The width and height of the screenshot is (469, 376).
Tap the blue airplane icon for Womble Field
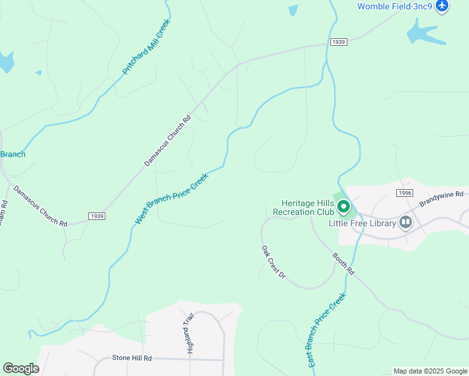[x=443, y=6]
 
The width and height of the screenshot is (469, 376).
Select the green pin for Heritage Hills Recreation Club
[x=343, y=206]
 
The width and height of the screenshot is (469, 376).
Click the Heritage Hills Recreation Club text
[x=305, y=208]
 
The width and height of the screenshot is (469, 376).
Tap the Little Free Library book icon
[x=406, y=222]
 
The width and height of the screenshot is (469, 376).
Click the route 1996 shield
[x=404, y=193]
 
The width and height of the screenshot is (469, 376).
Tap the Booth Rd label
[x=343, y=264]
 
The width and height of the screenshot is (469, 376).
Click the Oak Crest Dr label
[x=273, y=262]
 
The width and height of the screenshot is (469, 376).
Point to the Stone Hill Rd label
[x=132, y=358]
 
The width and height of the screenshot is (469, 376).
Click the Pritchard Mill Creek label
[x=146, y=47]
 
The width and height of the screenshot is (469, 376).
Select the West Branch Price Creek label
[x=171, y=199]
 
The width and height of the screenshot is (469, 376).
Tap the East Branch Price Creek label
[x=327, y=330]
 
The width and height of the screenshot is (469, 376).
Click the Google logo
[x=21, y=368]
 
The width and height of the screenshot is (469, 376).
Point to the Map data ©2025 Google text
[x=429, y=371]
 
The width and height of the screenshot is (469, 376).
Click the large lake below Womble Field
[x=424, y=33]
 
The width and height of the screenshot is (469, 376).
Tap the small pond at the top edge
[x=293, y=9]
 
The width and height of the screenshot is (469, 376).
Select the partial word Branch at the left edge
[x=13, y=154]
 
